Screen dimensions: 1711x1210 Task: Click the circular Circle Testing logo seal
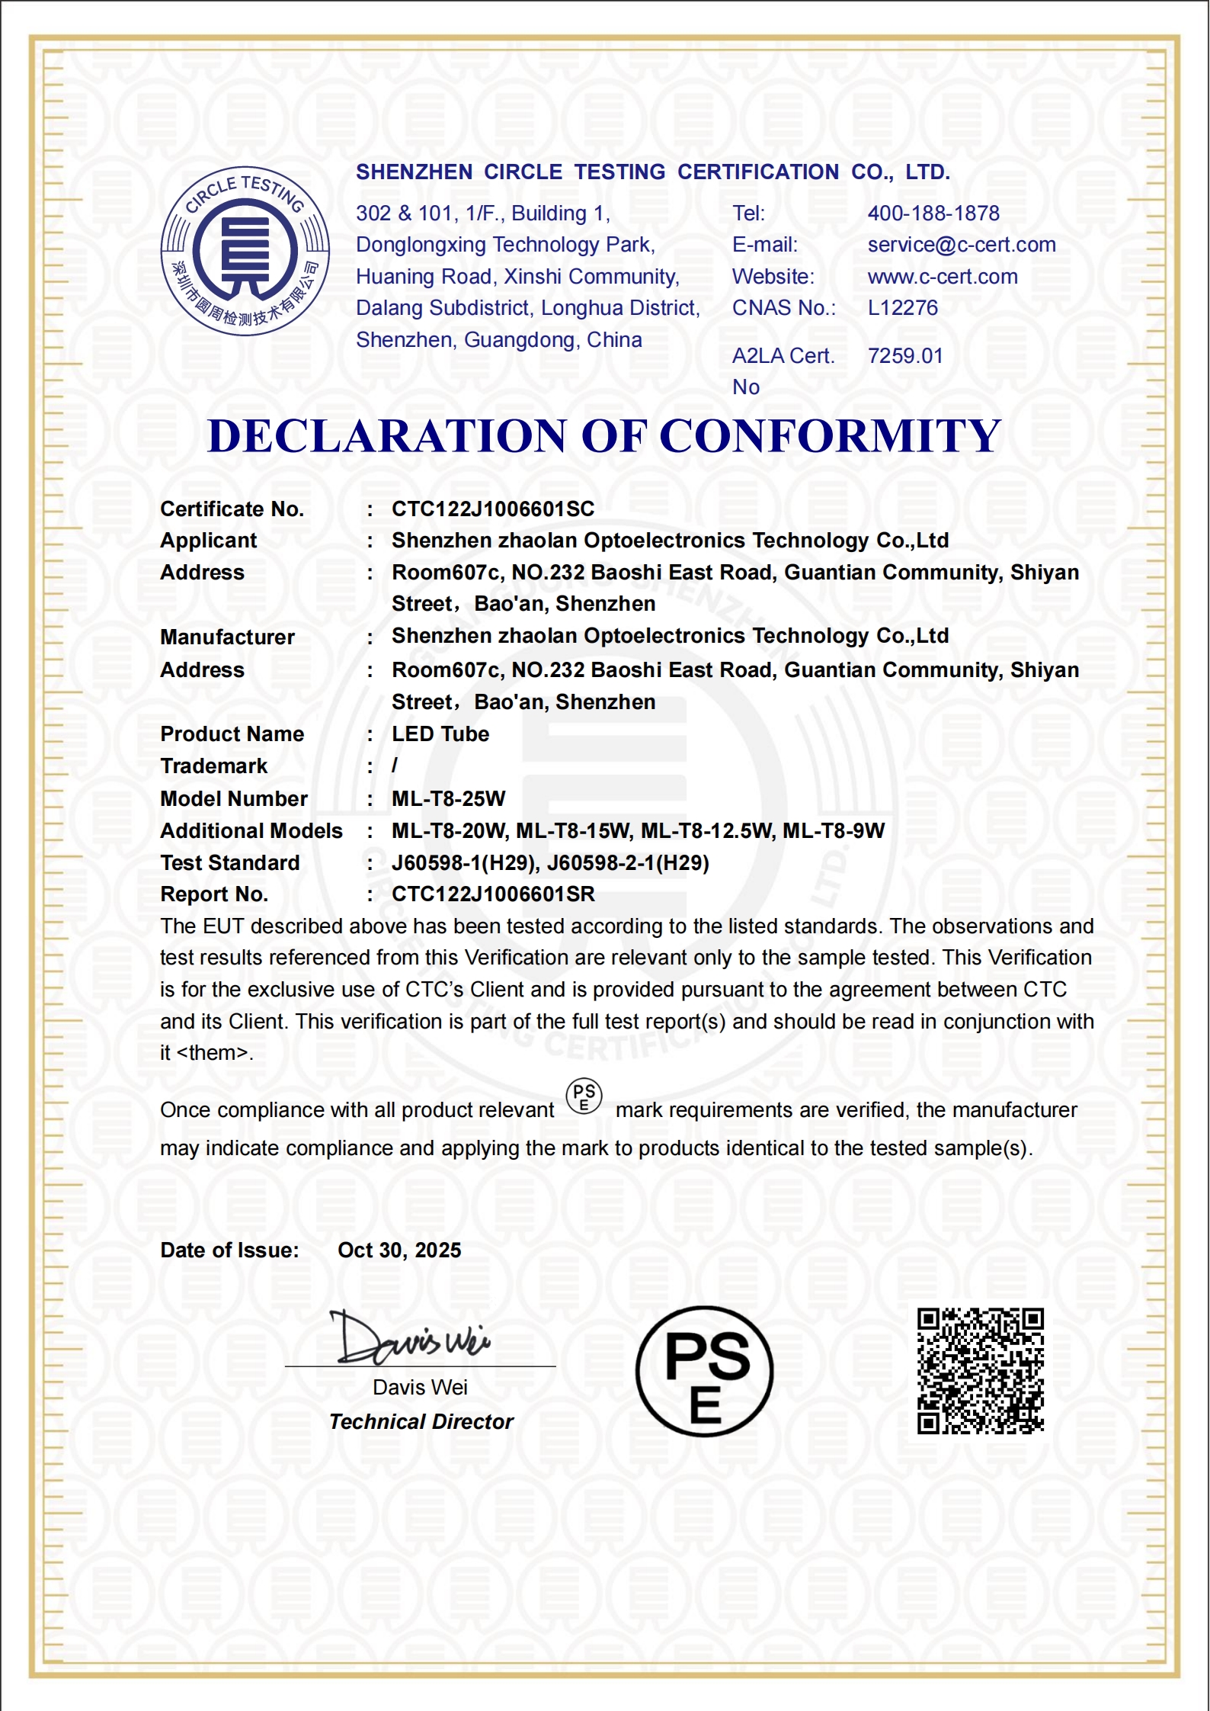(245, 251)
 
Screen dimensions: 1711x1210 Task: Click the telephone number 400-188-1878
(933, 213)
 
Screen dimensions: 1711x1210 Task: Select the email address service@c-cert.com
(961, 245)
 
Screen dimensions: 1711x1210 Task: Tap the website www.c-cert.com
(942, 277)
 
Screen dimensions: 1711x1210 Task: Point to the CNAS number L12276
(902, 308)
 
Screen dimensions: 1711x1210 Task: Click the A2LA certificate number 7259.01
(904, 356)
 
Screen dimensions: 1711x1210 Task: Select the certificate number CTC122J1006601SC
(492, 509)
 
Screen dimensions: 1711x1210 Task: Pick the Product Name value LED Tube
(440, 734)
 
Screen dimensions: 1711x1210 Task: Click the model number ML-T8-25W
(448, 799)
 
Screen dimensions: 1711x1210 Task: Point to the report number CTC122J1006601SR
(492, 894)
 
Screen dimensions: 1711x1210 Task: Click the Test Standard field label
(229, 863)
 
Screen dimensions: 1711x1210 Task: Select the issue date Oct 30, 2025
(399, 1250)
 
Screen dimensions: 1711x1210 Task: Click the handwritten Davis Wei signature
(410, 1339)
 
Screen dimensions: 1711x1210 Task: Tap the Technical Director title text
(421, 1422)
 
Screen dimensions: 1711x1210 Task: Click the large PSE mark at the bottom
(704, 1372)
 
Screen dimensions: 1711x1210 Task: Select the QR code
(980, 1371)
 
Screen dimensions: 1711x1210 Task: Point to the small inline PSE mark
(584, 1097)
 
